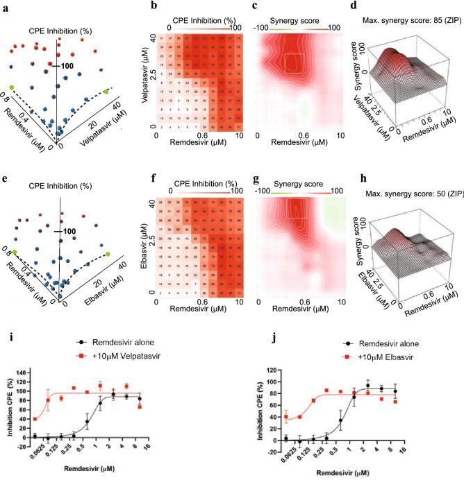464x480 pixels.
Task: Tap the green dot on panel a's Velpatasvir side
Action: click(x=106, y=92)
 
